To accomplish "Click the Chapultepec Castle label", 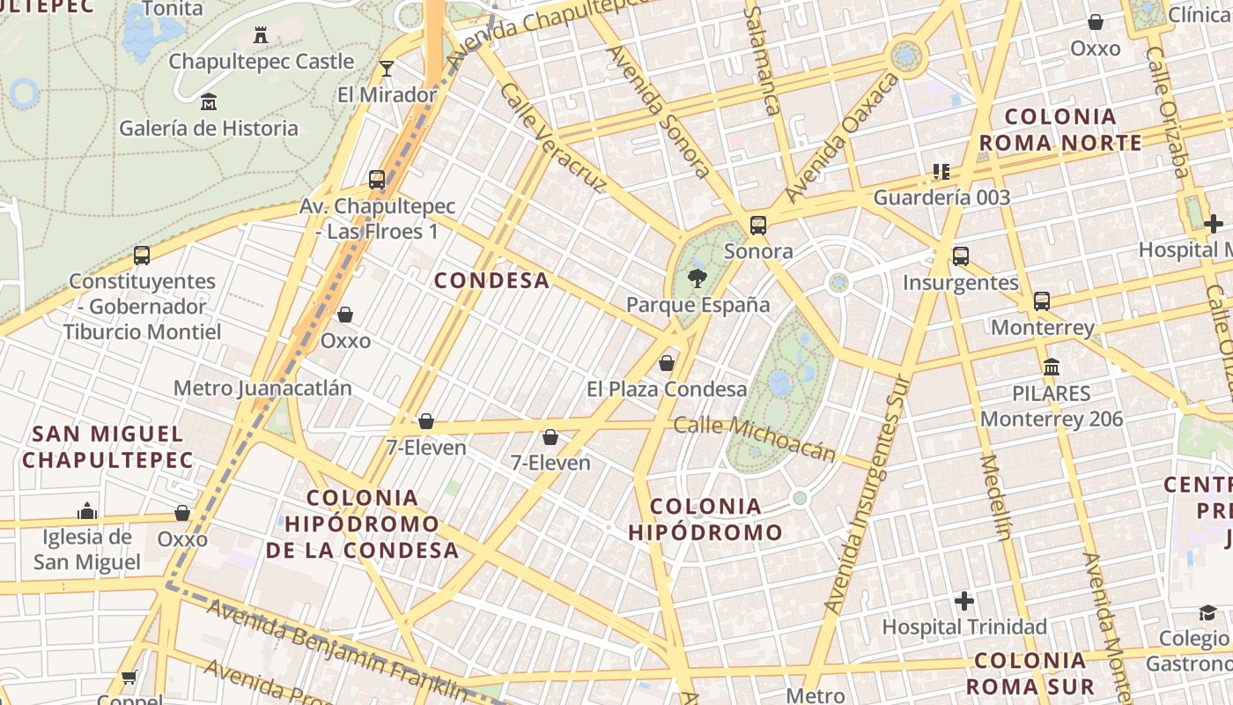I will click(x=261, y=62).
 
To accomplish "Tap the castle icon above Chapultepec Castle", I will click(x=261, y=35).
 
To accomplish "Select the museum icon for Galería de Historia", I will click(x=209, y=102).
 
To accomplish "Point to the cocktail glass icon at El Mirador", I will click(x=386, y=69).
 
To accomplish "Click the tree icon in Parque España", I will click(x=697, y=278).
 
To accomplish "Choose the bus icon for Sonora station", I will click(x=758, y=226).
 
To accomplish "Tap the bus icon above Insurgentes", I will click(x=960, y=256).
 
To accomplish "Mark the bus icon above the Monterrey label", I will click(x=1042, y=301).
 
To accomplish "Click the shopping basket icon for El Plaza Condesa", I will click(x=667, y=363).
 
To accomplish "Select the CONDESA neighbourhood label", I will click(x=491, y=281).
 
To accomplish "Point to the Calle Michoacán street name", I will click(x=754, y=438).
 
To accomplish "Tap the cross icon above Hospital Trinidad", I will click(x=964, y=602).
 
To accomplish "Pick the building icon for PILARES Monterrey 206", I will click(x=1052, y=367).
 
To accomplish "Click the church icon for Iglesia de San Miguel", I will click(x=86, y=511).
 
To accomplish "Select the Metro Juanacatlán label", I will click(x=262, y=389).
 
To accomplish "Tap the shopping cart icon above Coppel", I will click(x=129, y=678).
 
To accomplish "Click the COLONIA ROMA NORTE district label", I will click(x=1060, y=130).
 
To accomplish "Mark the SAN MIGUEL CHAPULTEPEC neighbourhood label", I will click(x=107, y=447).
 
